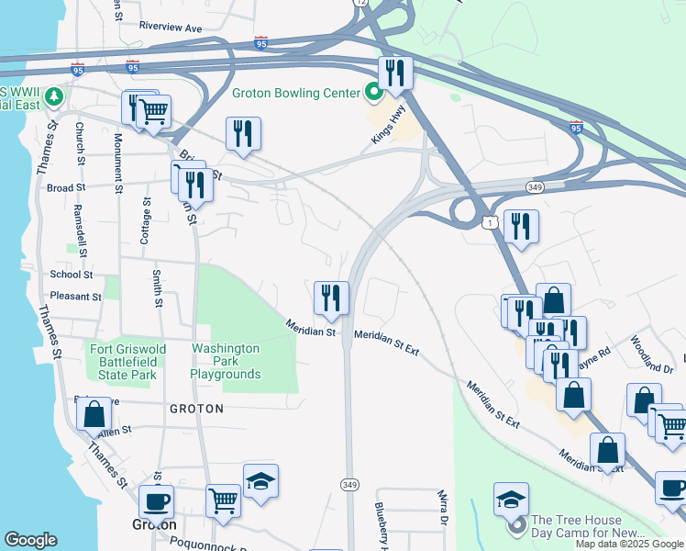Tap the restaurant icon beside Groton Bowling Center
(395, 73)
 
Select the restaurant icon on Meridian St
(331, 298)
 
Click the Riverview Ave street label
(170, 28)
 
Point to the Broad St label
(65, 187)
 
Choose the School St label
(72, 275)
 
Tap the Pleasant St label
(76, 297)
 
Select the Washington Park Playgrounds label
(226, 361)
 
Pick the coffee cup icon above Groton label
(156, 502)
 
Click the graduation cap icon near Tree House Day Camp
(511, 500)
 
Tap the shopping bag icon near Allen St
(94, 414)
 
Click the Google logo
(30, 540)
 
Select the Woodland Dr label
(652, 354)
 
